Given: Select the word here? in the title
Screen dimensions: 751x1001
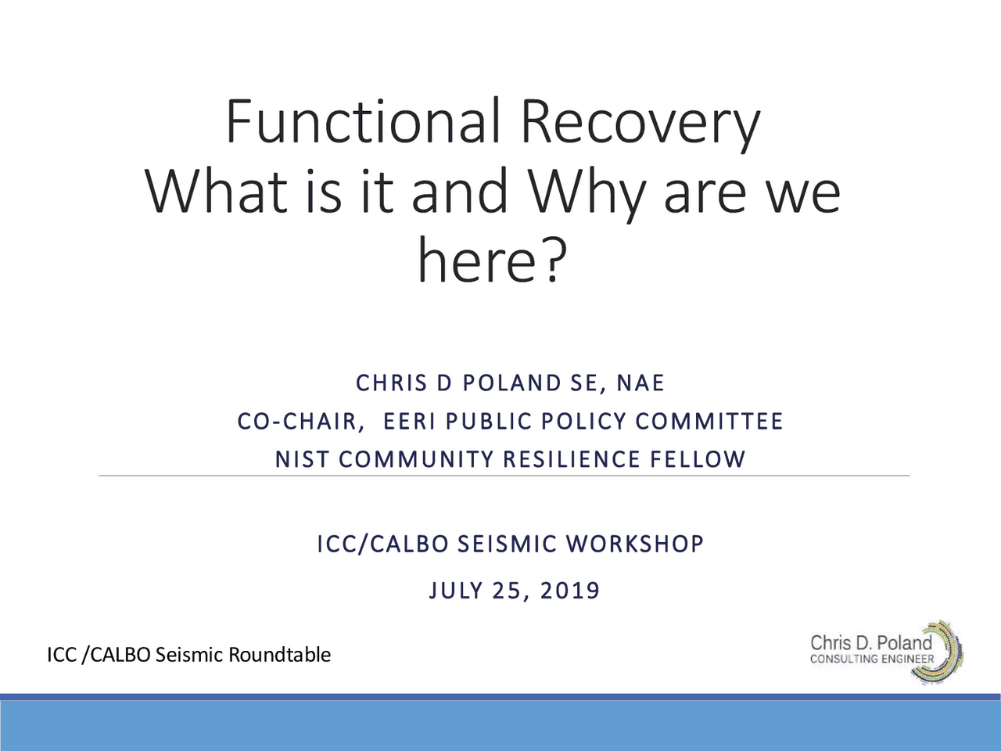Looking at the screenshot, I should (x=490, y=261).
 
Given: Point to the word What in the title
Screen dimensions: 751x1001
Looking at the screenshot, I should (x=217, y=192).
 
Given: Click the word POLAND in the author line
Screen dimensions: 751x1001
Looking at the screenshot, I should (x=512, y=383).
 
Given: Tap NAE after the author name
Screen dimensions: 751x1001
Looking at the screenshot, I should (x=640, y=383).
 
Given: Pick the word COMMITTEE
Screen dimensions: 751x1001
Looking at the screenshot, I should (x=709, y=422).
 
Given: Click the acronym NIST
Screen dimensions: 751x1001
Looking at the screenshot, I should (x=301, y=459).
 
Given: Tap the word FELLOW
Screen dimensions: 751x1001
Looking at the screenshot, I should (x=698, y=459).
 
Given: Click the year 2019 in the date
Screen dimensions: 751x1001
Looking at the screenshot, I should (x=570, y=590).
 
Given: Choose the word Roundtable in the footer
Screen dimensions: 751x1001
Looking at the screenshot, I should (x=279, y=654).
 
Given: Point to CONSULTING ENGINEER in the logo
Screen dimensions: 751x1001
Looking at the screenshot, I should (x=871, y=659).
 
